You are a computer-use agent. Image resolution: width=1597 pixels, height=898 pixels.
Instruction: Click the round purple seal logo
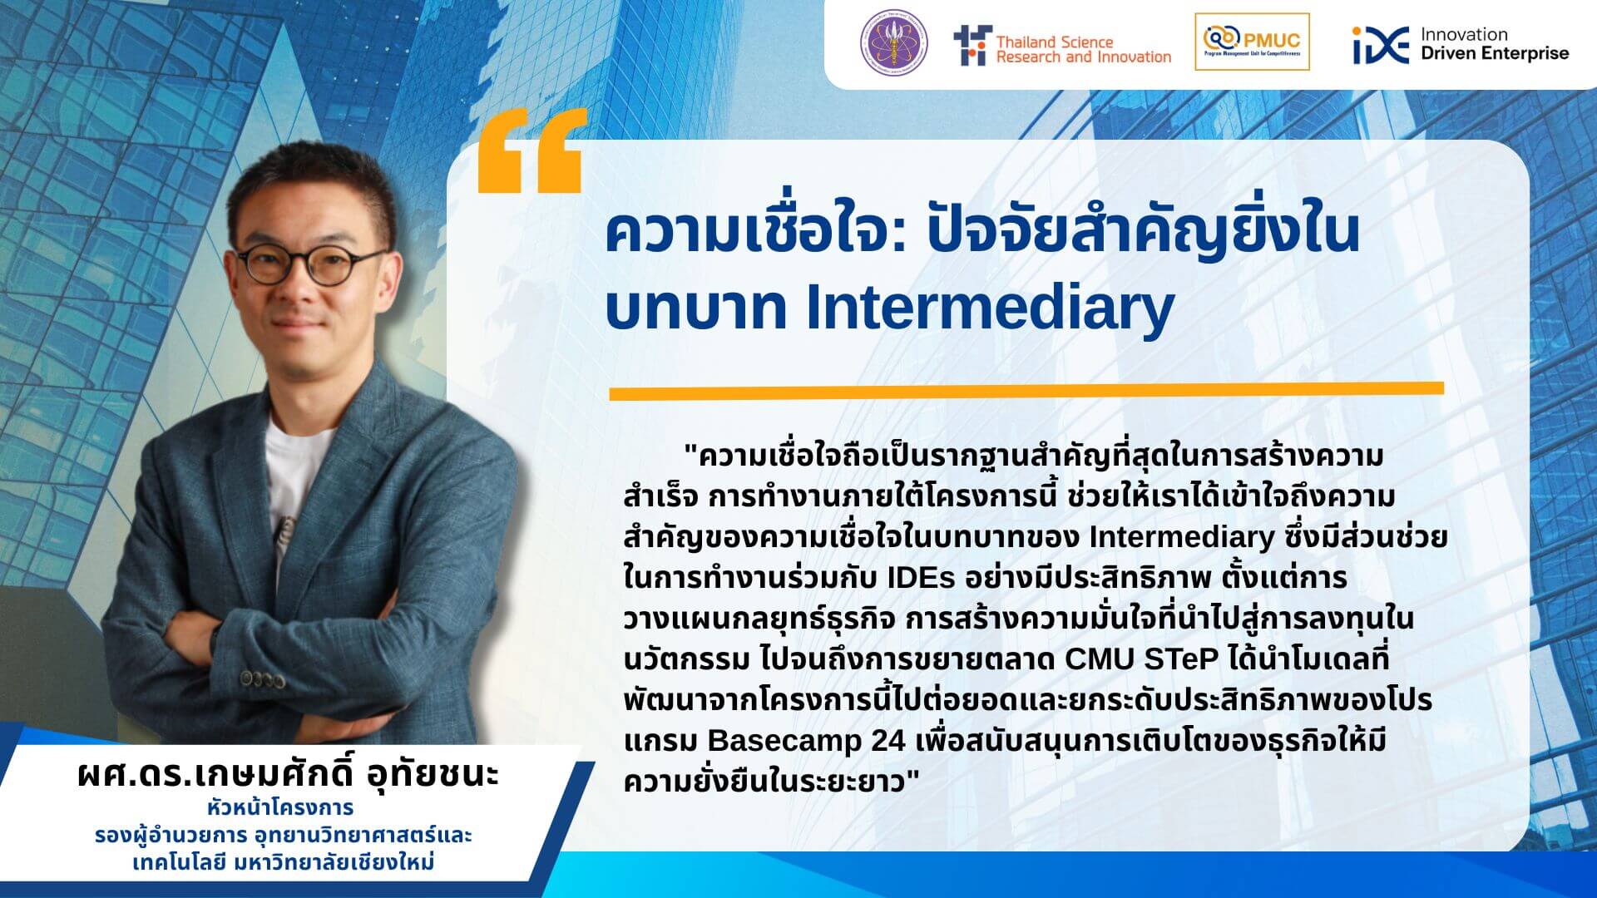coord(894,43)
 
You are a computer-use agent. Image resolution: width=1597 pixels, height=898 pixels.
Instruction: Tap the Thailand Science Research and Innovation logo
coord(1062,46)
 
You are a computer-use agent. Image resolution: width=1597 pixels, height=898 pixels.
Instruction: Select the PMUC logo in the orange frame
coord(1252,42)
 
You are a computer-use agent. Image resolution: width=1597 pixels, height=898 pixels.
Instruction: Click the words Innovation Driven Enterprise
coord(1494,44)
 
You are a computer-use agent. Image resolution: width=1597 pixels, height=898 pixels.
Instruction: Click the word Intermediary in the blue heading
coord(990,308)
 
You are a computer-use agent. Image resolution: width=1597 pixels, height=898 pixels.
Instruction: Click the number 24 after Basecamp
coord(888,740)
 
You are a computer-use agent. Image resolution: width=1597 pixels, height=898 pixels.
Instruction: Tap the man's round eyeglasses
coord(312,264)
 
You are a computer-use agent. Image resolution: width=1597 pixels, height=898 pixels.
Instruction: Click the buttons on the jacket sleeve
coord(262,679)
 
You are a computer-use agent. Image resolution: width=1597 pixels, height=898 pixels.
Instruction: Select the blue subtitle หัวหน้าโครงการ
coord(281,807)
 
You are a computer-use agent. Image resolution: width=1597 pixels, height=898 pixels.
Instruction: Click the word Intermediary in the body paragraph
coord(1181,537)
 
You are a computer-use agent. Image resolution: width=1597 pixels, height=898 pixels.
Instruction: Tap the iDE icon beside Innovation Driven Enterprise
coord(1381,46)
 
